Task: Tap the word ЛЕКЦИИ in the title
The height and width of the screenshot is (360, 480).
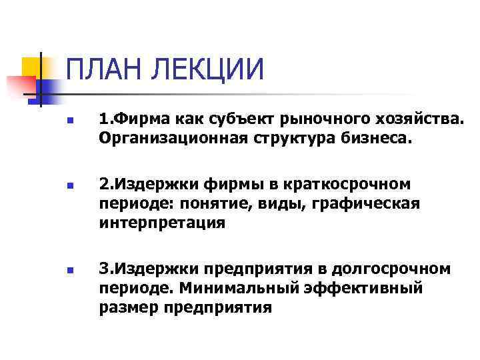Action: pos(213,69)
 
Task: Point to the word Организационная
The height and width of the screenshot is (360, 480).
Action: pos(175,138)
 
